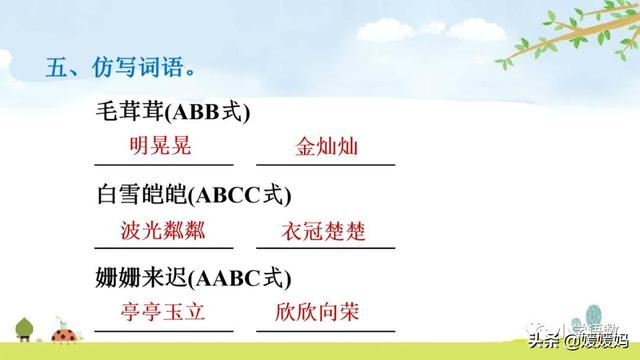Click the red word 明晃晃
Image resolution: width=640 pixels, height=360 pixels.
[x=160, y=146]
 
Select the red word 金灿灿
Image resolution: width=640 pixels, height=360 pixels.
[x=327, y=147]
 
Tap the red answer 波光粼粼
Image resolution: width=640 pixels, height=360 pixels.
[x=163, y=231]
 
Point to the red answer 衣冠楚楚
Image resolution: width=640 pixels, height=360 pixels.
[x=325, y=232]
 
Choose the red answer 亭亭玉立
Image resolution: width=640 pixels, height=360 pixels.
[x=163, y=312]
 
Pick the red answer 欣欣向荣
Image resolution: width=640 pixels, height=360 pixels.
[x=325, y=312]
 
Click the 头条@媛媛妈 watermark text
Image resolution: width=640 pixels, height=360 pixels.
[x=580, y=342]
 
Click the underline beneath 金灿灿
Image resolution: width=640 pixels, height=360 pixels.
[x=325, y=164]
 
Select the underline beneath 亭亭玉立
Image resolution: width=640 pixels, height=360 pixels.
[x=163, y=329]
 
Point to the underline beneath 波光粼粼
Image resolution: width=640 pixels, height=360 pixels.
[x=163, y=247]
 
